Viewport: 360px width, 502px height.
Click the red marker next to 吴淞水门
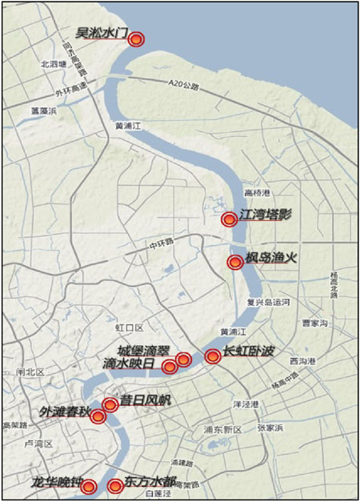tap(137, 38)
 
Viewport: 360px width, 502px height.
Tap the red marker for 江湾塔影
tap(229, 218)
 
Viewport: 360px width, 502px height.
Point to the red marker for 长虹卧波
tap(212, 356)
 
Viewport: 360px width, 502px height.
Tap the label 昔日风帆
tap(146, 399)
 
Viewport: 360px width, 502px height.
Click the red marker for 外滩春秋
tap(98, 416)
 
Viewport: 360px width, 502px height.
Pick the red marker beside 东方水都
tap(115, 485)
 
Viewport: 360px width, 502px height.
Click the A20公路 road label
tap(183, 82)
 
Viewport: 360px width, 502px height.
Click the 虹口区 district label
tap(129, 327)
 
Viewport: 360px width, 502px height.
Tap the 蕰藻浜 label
tap(42, 110)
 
